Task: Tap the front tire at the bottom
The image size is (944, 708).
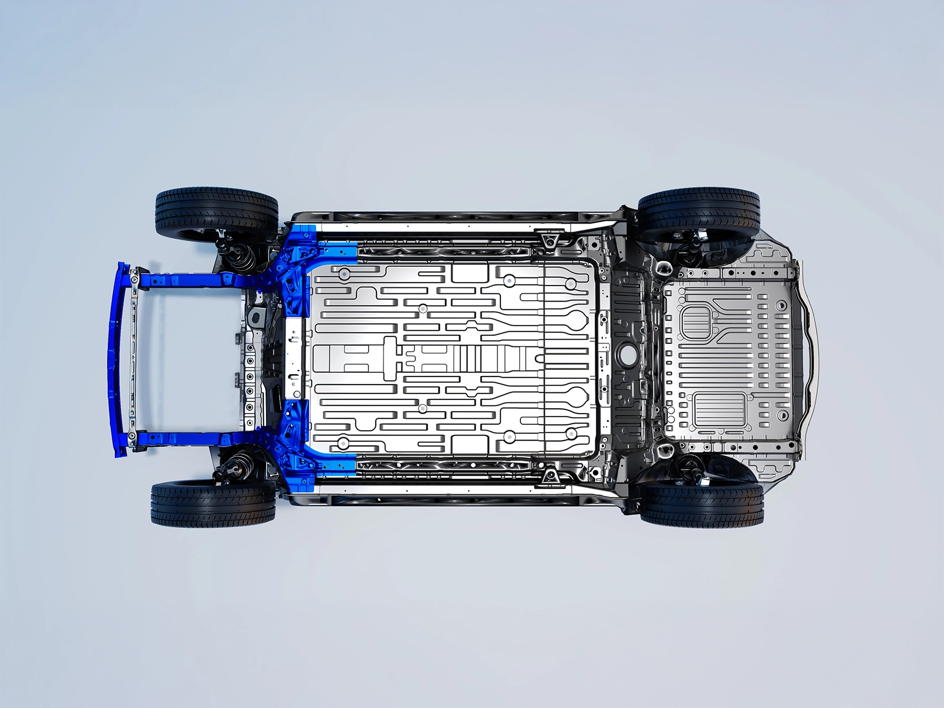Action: tap(213, 503)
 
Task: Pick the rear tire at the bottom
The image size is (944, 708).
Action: tap(702, 504)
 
